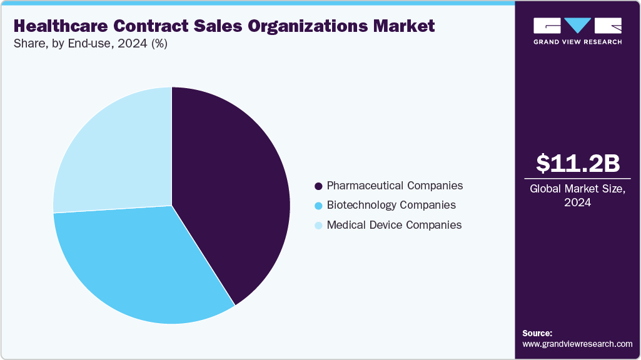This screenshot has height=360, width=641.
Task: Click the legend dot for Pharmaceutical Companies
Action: (318, 186)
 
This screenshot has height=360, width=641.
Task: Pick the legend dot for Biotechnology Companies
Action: (318, 206)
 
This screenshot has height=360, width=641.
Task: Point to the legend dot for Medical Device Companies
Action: (318, 225)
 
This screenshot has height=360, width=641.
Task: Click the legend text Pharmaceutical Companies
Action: (395, 186)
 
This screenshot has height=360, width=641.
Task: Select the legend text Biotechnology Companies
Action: (391, 205)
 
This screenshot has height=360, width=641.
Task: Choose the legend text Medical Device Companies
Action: (394, 224)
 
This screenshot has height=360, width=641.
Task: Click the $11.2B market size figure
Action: (578, 163)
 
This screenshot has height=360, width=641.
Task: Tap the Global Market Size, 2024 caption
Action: (578, 196)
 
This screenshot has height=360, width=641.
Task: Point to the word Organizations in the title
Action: (293, 26)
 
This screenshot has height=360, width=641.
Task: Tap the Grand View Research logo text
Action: (578, 42)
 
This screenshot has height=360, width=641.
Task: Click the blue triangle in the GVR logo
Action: (578, 26)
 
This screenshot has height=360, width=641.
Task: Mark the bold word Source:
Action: (537, 333)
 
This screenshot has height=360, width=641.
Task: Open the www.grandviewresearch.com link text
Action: (577, 344)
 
